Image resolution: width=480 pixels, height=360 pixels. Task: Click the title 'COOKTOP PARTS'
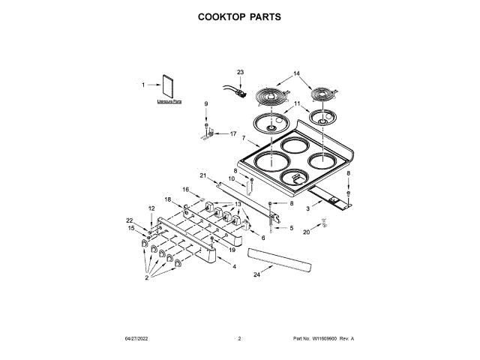239,16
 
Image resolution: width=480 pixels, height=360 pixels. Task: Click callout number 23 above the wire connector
240,72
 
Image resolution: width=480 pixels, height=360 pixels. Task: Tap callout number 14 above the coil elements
296,73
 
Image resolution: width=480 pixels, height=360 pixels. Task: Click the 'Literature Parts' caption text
169,100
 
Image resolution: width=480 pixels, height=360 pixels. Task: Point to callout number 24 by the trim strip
256,275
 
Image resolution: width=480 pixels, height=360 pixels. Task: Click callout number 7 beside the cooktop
244,138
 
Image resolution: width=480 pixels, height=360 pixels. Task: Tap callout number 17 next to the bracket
233,134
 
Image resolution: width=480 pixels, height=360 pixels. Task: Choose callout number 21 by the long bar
202,175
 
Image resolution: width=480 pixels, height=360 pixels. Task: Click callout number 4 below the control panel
234,266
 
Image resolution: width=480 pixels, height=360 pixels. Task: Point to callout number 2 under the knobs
148,278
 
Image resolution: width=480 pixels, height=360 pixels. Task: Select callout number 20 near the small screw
306,232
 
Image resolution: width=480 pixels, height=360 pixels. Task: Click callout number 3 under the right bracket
307,211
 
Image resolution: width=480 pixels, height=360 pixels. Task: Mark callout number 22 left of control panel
129,220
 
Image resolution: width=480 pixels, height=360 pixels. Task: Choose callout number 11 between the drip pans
296,103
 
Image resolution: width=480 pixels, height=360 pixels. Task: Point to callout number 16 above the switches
185,190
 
